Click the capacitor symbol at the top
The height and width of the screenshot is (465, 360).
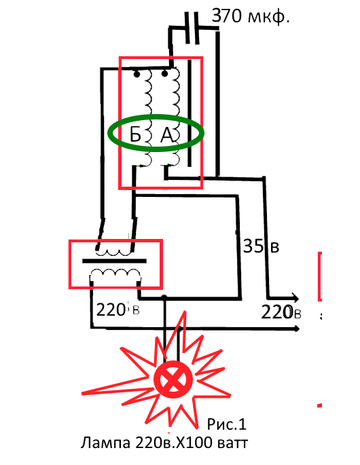pyautogui.click(x=192, y=29)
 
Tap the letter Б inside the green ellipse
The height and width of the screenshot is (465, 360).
pyautogui.click(x=135, y=135)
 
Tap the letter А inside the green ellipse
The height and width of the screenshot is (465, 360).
pyautogui.click(x=167, y=135)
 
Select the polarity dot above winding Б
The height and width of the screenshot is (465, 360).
pyautogui.click(x=137, y=74)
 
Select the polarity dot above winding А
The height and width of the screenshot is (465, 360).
pyautogui.click(x=164, y=73)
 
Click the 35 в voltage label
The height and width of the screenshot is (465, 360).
pyautogui.click(x=262, y=246)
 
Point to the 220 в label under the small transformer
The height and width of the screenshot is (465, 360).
pyautogui.click(x=118, y=310)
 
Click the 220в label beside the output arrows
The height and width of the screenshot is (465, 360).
pyautogui.click(x=281, y=312)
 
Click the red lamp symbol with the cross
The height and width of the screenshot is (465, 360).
pyautogui.click(x=173, y=379)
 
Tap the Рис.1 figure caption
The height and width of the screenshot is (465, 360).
pyautogui.click(x=226, y=424)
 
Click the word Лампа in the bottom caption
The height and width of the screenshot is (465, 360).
pyautogui.click(x=105, y=443)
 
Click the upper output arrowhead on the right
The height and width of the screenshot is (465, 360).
pyautogui.click(x=295, y=298)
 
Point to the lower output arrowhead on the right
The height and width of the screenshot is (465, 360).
pyautogui.click(x=295, y=329)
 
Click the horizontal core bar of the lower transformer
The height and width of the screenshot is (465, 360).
pyautogui.click(x=114, y=261)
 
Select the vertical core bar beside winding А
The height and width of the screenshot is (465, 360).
pyautogui.click(x=190, y=113)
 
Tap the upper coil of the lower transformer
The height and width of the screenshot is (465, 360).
pyautogui.click(x=113, y=253)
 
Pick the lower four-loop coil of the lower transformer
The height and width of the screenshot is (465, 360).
pyautogui.click(x=115, y=274)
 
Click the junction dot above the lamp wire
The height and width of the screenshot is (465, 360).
pyautogui.click(x=164, y=297)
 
